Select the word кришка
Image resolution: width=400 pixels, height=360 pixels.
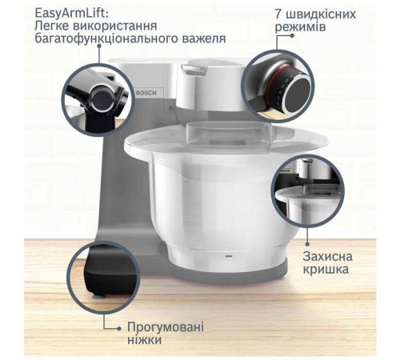pos(325,271)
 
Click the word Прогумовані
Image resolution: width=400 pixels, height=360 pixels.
pos(166,327)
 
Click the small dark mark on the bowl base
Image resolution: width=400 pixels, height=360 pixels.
pos(224,258)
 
